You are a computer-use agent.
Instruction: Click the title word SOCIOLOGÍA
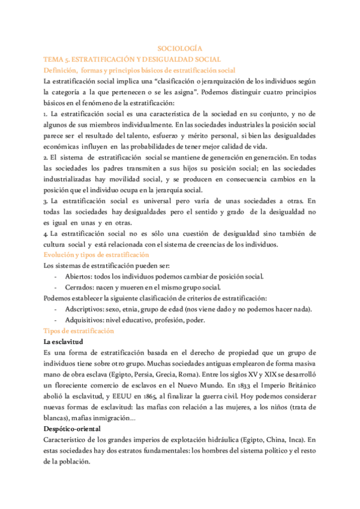click(x=179, y=47)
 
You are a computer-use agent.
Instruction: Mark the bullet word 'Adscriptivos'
click(x=84, y=309)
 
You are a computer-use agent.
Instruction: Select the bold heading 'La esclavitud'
click(x=67, y=342)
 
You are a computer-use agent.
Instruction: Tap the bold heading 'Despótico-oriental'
click(x=77, y=429)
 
